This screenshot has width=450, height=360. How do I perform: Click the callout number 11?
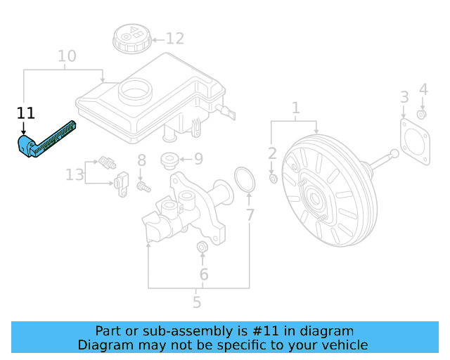(x=26, y=112)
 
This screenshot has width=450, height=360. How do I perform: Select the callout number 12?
(x=174, y=39)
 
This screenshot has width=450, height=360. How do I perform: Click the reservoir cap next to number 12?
(x=130, y=37)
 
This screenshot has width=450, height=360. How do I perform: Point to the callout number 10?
(x=67, y=56)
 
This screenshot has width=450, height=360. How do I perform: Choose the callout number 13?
(x=75, y=174)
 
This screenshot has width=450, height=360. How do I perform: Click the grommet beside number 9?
(x=169, y=160)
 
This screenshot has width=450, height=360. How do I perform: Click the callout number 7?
(x=250, y=215)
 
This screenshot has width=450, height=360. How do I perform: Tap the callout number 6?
(x=203, y=274)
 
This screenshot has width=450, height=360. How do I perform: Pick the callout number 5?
(x=197, y=303)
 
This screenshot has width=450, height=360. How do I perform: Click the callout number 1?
(x=295, y=108)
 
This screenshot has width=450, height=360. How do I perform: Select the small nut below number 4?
(x=421, y=114)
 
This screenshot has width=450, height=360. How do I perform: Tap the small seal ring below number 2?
(x=274, y=179)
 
